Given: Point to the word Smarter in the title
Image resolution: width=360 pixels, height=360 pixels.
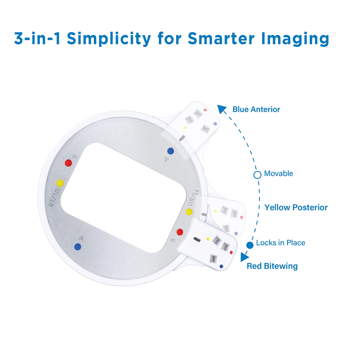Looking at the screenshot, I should tap(221, 38).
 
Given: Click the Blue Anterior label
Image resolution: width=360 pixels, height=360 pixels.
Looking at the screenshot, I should tap(256, 109).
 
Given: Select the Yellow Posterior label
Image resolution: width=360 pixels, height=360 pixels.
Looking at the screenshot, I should tap(296, 208).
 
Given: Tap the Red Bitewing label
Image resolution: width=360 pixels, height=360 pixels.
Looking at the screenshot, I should tap(272, 266).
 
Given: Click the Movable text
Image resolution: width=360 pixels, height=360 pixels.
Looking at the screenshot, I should tap(278, 174).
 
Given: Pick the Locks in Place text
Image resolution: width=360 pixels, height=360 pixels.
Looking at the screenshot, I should tap(280, 243).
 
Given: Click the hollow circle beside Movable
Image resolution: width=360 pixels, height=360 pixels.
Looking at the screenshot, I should tap(257, 175).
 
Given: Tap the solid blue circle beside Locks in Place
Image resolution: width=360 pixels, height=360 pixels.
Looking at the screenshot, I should tap(250, 245).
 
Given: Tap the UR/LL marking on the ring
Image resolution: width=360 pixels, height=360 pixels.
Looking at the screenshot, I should tap(193, 197).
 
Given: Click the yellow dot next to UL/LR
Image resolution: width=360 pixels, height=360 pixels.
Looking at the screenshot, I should tap(60, 183).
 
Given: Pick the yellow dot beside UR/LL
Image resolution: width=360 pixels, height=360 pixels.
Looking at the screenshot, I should tap(189, 212).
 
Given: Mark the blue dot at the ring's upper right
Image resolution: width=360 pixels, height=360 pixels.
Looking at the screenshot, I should tap(171, 150).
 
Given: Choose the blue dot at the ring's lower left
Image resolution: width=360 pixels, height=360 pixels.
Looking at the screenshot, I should tap(78, 247).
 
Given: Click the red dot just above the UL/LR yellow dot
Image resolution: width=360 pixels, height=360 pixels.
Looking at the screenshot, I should tap(68, 163).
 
